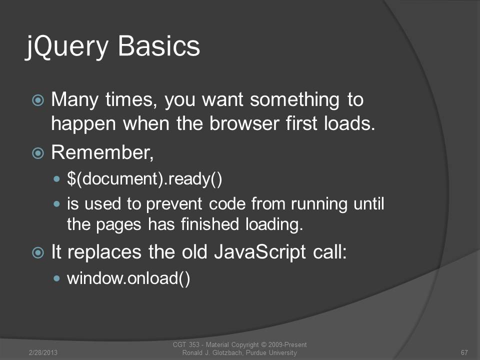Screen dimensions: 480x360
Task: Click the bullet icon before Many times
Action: (x=38, y=100)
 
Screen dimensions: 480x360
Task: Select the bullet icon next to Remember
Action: (x=38, y=153)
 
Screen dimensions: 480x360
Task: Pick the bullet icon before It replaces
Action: (x=38, y=252)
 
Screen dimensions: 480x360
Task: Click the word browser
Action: (x=244, y=123)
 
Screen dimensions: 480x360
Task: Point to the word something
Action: (x=294, y=100)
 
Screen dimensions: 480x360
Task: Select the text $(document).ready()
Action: (x=144, y=179)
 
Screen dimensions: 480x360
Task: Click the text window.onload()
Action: (x=128, y=278)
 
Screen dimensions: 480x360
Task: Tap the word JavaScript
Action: (x=260, y=252)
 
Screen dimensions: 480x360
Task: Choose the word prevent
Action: (x=174, y=204)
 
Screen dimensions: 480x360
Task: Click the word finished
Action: (x=210, y=224)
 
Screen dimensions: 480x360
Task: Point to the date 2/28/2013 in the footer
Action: (x=43, y=352)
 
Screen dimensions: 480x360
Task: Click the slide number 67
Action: (x=464, y=352)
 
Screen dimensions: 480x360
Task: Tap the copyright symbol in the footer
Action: (x=263, y=344)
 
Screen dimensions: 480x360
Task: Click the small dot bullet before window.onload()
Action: (x=56, y=278)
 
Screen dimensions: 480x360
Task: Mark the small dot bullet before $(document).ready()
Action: (x=56, y=179)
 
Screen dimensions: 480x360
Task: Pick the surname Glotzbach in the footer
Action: (x=228, y=353)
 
